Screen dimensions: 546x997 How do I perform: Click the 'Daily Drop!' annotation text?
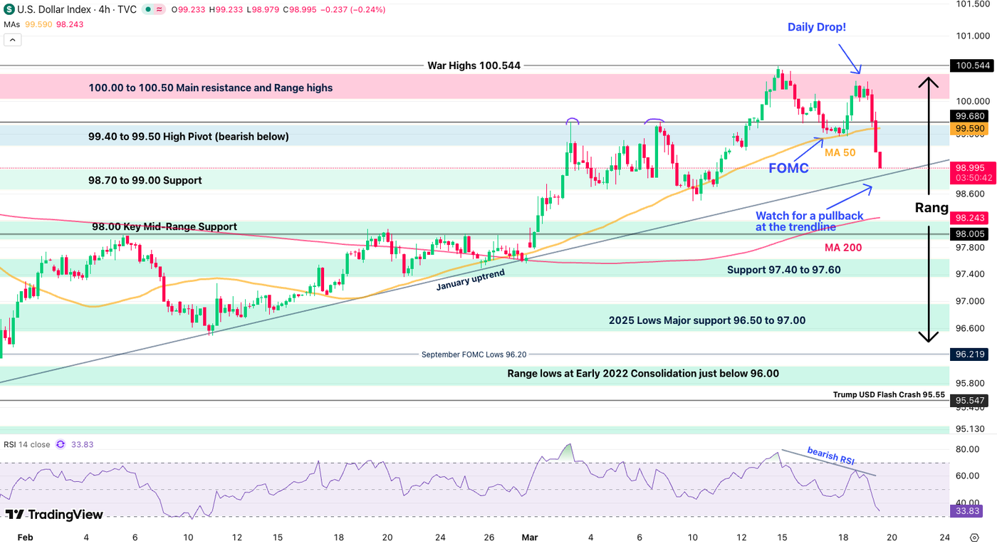[x=816, y=27]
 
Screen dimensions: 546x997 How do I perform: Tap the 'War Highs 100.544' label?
[x=474, y=65]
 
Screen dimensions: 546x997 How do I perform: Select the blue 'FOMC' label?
[x=788, y=168]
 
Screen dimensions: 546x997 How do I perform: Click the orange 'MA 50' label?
[x=840, y=152]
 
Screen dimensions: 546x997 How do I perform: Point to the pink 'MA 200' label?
[x=843, y=248]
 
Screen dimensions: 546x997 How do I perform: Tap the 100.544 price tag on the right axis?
[x=972, y=65]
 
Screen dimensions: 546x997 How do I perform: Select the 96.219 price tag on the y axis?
[x=972, y=354]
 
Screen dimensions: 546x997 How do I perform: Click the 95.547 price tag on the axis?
[x=972, y=401]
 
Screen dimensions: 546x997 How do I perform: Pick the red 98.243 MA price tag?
[x=972, y=218]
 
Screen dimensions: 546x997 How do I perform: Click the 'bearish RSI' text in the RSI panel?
[x=830, y=456]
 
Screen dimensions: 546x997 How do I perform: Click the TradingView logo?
[x=54, y=515]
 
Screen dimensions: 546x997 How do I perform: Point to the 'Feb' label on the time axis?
[x=25, y=537]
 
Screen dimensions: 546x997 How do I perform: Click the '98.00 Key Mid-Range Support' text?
[x=165, y=226]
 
